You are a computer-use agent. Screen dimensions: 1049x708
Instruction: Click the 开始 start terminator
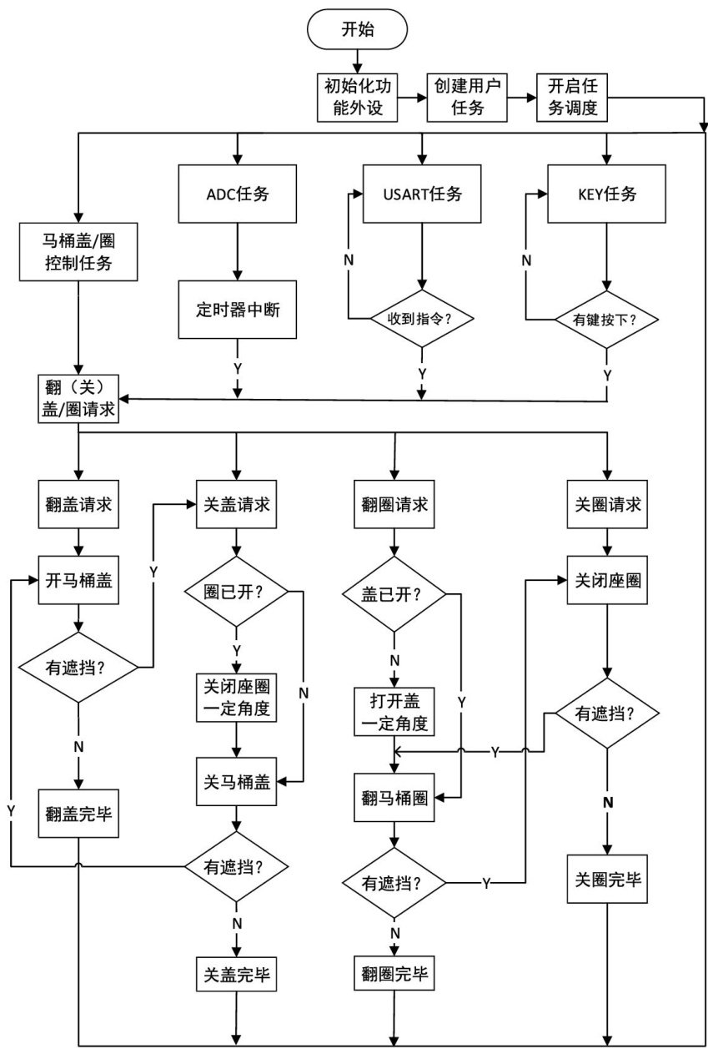[x=358, y=30]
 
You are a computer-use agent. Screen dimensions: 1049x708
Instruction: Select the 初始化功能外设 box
[x=356, y=97]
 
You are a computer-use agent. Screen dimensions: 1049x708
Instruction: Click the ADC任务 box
[x=238, y=194]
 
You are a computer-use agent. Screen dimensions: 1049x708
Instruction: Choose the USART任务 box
[x=422, y=194]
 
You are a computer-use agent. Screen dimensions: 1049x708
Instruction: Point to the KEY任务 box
[x=606, y=194]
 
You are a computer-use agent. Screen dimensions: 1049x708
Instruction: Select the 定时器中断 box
[x=238, y=309]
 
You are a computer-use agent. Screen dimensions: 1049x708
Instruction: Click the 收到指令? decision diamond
[x=422, y=318]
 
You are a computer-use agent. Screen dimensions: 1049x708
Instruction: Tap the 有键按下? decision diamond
[x=606, y=318]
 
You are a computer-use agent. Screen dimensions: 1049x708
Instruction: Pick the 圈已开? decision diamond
[x=237, y=593]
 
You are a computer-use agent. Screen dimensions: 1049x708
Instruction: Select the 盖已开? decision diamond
[x=395, y=593]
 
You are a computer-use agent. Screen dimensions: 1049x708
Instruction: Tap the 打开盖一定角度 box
[x=395, y=710]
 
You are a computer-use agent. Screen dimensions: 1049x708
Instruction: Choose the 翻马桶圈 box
[x=395, y=797]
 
